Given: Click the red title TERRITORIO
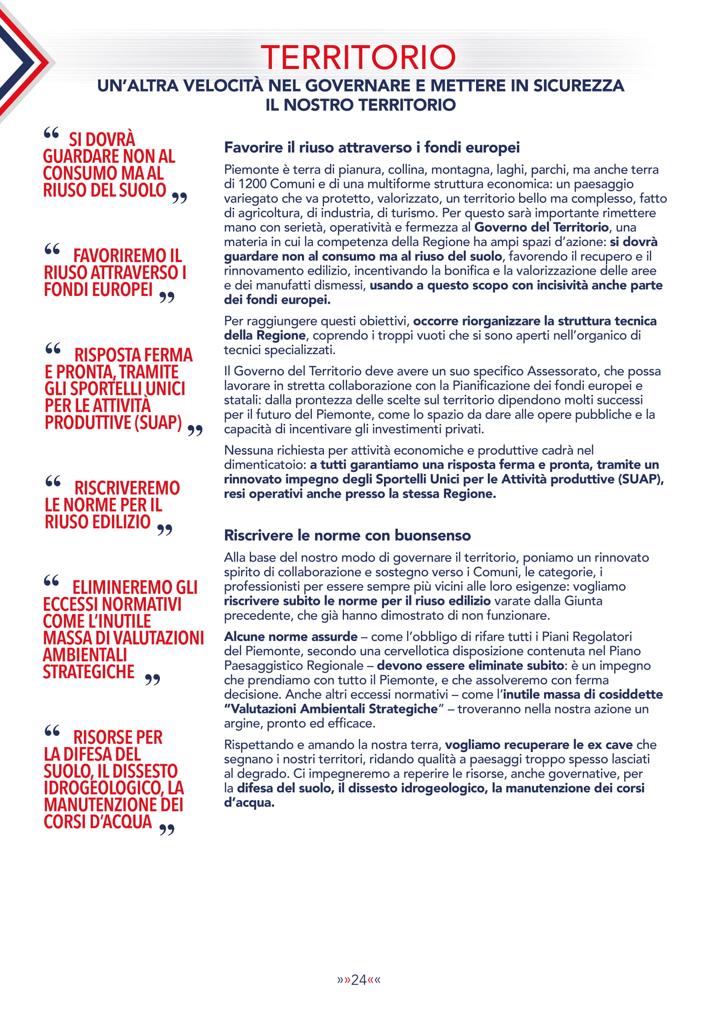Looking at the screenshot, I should pyautogui.click(x=358, y=57).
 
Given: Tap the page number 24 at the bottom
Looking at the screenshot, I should pyautogui.click(x=358, y=980).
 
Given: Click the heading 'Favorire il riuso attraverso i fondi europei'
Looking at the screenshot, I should pyautogui.click(x=372, y=148).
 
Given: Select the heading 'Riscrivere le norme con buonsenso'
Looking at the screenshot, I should pyautogui.click(x=347, y=535).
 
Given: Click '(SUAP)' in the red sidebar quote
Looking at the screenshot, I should pyautogui.click(x=158, y=423).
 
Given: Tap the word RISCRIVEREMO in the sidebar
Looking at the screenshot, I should pyautogui.click(x=127, y=488).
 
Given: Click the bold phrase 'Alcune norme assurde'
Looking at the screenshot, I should pyautogui.click(x=291, y=637).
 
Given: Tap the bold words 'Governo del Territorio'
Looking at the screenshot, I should pyautogui.click(x=542, y=227).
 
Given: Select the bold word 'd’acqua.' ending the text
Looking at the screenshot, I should pyautogui.click(x=249, y=802).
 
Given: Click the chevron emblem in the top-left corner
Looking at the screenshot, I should pyautogui.click(x=22, y=62).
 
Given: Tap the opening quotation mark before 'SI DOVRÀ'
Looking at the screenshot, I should pyautogui.click(x=52, y=133).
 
